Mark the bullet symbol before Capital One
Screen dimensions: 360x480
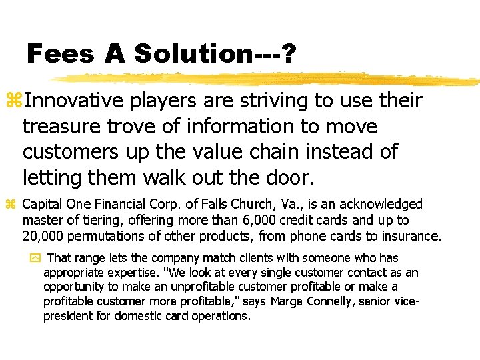(x=11, y=204)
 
